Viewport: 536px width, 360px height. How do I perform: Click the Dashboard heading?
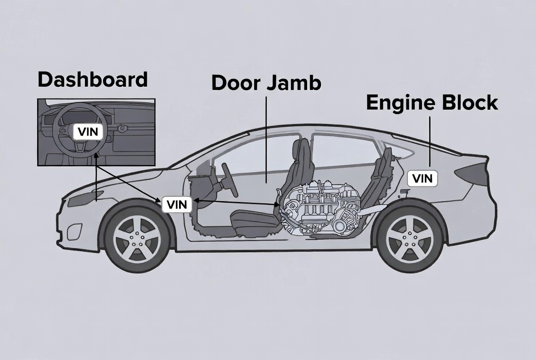pyautogui.click(x=92, y=80)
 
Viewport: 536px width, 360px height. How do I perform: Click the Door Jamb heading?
pyautogui.click(x=266, y=83)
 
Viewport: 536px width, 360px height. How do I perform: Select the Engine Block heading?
pyautogui.click(x=431, y=103)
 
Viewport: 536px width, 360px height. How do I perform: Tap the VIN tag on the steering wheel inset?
pyautogui.click(x=88, y=132)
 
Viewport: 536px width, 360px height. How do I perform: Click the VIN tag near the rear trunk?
pyautogui.click(x=422, y=178)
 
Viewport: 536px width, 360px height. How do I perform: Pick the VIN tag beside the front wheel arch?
pyautogui.click(x=177, y=204)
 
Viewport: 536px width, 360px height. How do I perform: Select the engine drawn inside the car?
pyautogui.click(x=321, y=209)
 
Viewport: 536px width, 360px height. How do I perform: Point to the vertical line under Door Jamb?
pyautogui.click(x=266, y=138)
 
